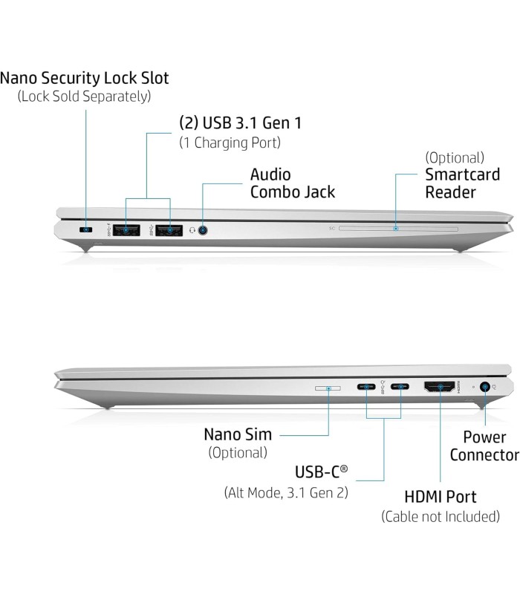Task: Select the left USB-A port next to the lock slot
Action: tap(126, 230)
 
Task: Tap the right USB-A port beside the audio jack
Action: tap(169, 230)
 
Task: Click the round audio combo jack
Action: tap(203, 230)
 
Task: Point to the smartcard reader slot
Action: tap(398, 229)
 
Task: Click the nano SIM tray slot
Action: tap(328, 388)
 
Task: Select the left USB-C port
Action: tap(366, 387)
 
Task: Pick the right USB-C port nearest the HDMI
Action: tap(400, 387)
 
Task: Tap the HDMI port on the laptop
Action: tap(439, 387)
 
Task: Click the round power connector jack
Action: tap(485, 387)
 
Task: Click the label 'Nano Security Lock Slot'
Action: tap(85, 78)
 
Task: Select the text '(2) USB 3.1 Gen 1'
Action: tap(240, 123)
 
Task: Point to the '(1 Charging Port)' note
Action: tap(230, 143)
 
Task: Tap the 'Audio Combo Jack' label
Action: tap(293, 183)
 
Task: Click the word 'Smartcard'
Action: tap(462, 174)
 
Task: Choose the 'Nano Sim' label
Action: tap(238, 434)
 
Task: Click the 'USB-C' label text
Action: tap(321, 472)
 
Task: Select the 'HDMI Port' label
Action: tap(440, 497)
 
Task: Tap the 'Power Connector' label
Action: tap(484, 446)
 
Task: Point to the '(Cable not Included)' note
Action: tap(441, 516)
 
